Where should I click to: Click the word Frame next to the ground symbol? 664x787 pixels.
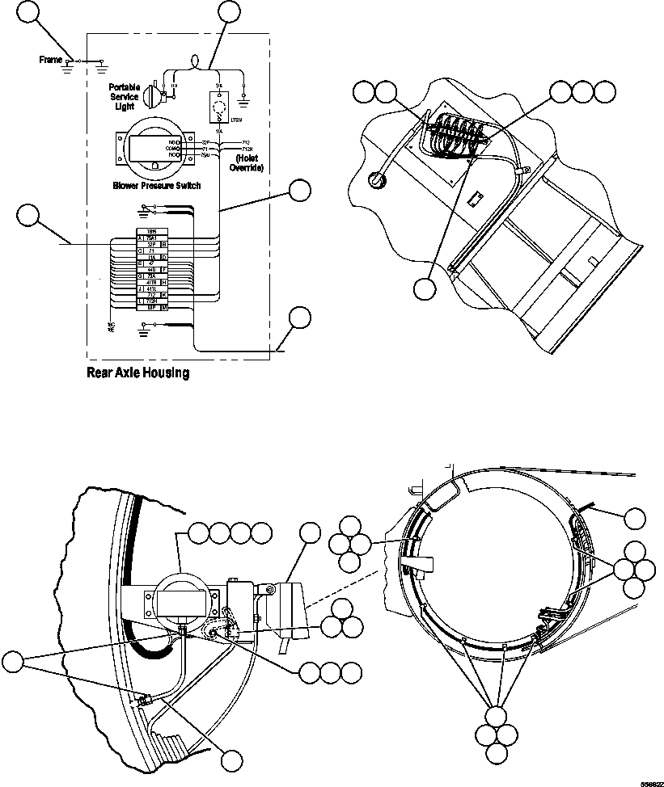(x=51, y=60)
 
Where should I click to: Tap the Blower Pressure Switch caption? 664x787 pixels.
(x=157, y=185)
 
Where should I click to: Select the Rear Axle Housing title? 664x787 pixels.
(x=137, y=373)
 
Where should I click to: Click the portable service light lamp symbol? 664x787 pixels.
(x=151, y=96)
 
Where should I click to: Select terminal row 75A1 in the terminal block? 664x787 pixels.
(x=151, y=238)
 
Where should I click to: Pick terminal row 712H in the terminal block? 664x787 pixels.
(x=151, y=301)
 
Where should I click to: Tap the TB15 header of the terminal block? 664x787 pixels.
(x=151, y=231)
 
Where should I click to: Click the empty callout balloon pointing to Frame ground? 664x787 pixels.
(x=29, y=12)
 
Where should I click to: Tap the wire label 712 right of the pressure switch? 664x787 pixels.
(x=235, y=142)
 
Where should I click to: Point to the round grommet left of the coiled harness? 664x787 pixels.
(x=375, y=179)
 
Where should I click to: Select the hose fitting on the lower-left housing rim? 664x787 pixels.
(x=144, y=700)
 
